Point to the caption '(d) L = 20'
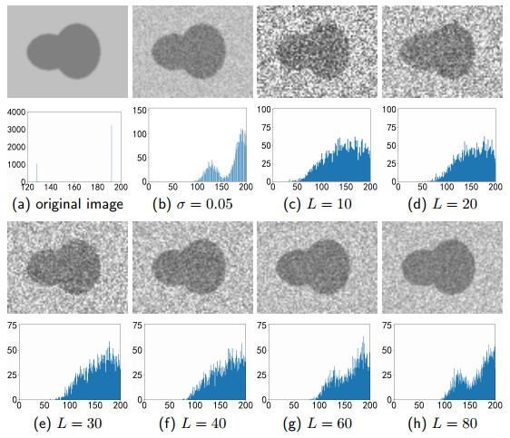tap(439, 204)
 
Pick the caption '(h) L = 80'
tap(439, 422)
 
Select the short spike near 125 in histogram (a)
tap(37, 172)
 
